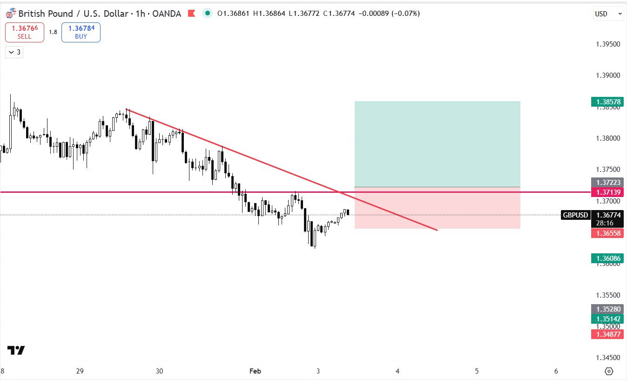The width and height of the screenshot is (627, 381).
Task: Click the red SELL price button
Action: pyautogui.click(x=25, y=32)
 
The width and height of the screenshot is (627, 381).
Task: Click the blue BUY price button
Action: pyautogui.click(x=81, y=32)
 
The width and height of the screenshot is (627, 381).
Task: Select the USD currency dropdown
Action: pyautogui.click(x=608, y=14)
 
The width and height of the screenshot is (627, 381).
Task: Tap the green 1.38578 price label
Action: pyautogui.click(x=607, y=102)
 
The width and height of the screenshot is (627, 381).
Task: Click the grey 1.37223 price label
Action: pyautogui.click(x=607, y=182)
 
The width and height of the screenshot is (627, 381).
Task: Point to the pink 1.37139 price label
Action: pyautogui.click(x=607, y=192)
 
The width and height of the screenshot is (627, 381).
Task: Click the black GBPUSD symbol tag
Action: pyautogui.click(x=575, y=215)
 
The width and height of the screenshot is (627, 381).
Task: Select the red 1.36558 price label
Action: pyautogui.click(x=607, y=233)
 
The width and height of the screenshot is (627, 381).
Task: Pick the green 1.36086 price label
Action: pyautogui.click(x=607, y=258)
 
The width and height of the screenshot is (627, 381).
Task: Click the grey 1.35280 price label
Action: pyautogui.click(x=607, y=309)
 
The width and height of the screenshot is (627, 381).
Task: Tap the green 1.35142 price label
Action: pyautogui.click(x=607, y=319)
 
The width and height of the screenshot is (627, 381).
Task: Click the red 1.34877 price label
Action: pyautogui.click(x=607, y=334)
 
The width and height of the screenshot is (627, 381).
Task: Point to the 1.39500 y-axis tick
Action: pyautogui.click(x=608, y=44)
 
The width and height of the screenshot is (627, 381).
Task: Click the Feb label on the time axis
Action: pyautogui.click(x=255, y=371)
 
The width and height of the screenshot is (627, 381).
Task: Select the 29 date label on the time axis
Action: pyautogui.click(x=80, y=371)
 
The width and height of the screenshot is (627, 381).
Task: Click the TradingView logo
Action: pyautogui.click(x=16, y=350)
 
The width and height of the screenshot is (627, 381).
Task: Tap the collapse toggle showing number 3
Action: pyautogui.click(x=14, y=52)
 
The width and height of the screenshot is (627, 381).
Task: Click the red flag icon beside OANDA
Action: pyautogui.click(x=191, y=14)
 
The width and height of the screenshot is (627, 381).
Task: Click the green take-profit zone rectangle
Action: pyautogui.click(x=437, y=144)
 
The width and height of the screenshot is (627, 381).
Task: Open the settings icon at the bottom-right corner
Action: pyautogui.click(x=608, y=371)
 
